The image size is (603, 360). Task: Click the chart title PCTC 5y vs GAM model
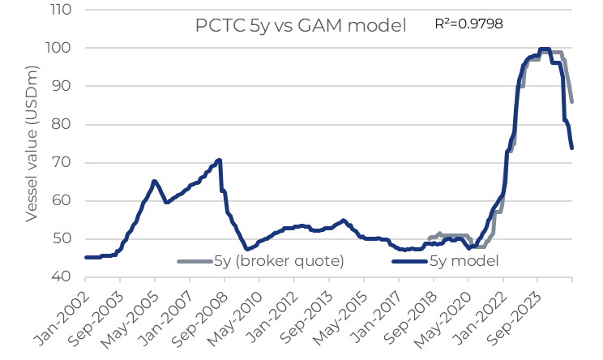301,26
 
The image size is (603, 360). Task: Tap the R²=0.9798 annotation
469,24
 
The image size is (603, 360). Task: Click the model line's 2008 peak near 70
219,161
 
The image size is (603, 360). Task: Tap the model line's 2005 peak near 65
154,181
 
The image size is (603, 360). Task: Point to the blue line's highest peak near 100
545,49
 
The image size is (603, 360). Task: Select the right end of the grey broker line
572,101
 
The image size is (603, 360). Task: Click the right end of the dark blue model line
572,148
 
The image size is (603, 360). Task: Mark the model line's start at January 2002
86,257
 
